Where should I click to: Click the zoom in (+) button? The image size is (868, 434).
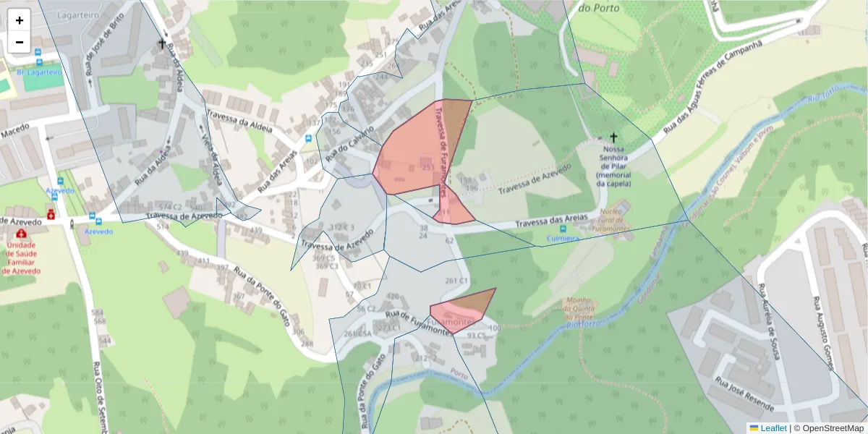click(20, 20)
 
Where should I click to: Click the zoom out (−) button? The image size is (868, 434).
click(20, 42)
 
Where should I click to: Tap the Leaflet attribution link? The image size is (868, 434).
click(773, 428)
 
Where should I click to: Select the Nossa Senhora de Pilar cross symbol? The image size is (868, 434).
click(613, 137)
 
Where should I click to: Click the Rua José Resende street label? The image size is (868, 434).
click(745, 391)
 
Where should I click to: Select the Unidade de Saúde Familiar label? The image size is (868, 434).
click(22, 258)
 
